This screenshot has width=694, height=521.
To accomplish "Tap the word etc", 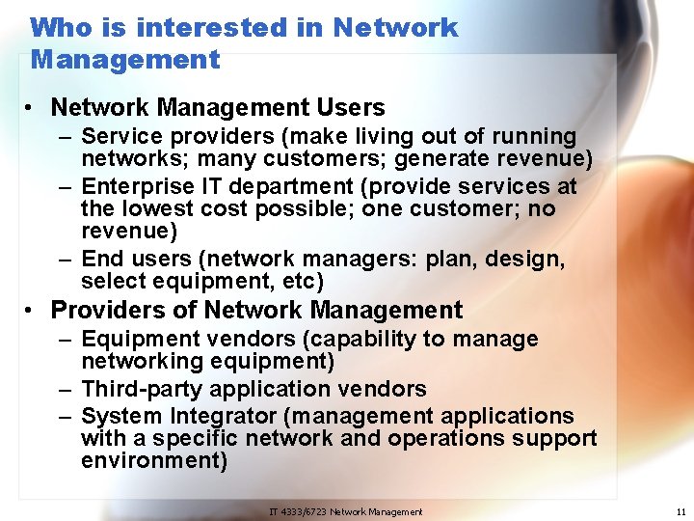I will (302, 282).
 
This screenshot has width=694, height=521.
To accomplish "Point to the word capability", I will (384, 340).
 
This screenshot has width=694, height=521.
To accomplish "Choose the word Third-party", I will (142, 389).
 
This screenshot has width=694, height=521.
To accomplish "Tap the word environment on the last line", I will (153, 460).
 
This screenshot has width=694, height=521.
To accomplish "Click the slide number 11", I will (681, 511).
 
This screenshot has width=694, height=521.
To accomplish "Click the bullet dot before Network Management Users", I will (33, 108).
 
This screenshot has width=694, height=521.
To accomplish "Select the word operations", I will (450, 438).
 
